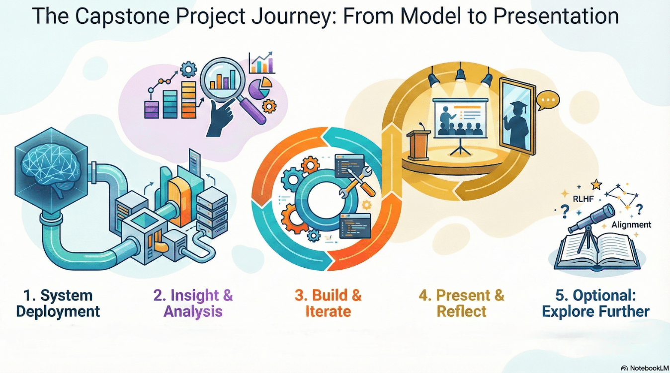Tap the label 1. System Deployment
(58, 303)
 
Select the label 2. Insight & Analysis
(193, 303)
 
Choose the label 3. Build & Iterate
(328, 303)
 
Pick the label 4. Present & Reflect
(462, 303)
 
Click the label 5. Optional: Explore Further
(595, 303)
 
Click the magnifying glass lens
(223, 77)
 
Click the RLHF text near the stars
(583, 199)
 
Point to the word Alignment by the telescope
(631, 225)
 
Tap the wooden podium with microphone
(419, 144)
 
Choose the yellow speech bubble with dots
(548, 100)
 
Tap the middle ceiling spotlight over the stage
(460, 73)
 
